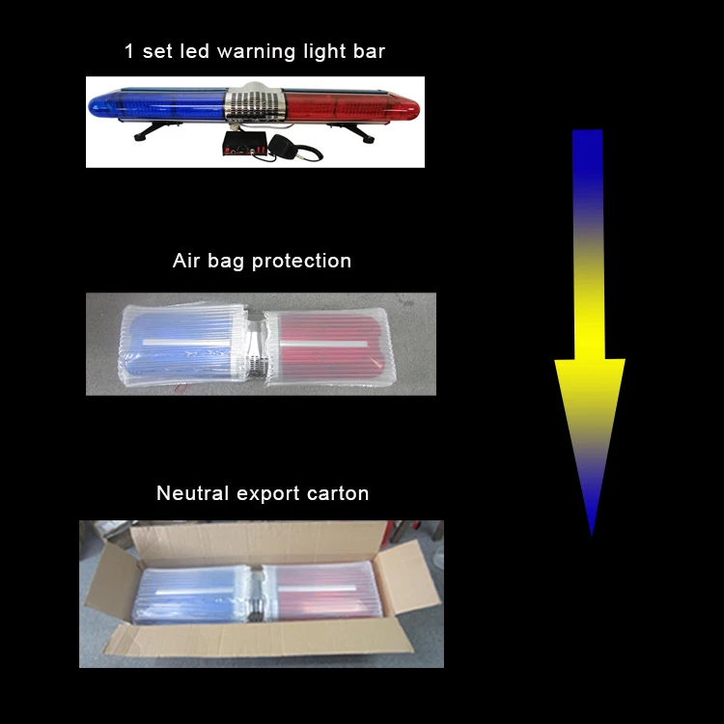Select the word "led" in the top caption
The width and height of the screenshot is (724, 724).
tap(193, 51)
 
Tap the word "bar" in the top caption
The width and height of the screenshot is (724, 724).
tap(368, 51)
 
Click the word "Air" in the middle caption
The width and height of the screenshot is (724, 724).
tap(187, 261)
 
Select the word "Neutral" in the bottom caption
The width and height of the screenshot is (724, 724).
tap(193, 493)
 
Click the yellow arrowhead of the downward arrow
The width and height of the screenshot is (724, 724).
tap(590, 396)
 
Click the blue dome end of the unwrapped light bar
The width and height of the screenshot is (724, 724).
tap(106, 103)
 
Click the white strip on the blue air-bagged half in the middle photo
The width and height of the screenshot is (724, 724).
tap(183, 344)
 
